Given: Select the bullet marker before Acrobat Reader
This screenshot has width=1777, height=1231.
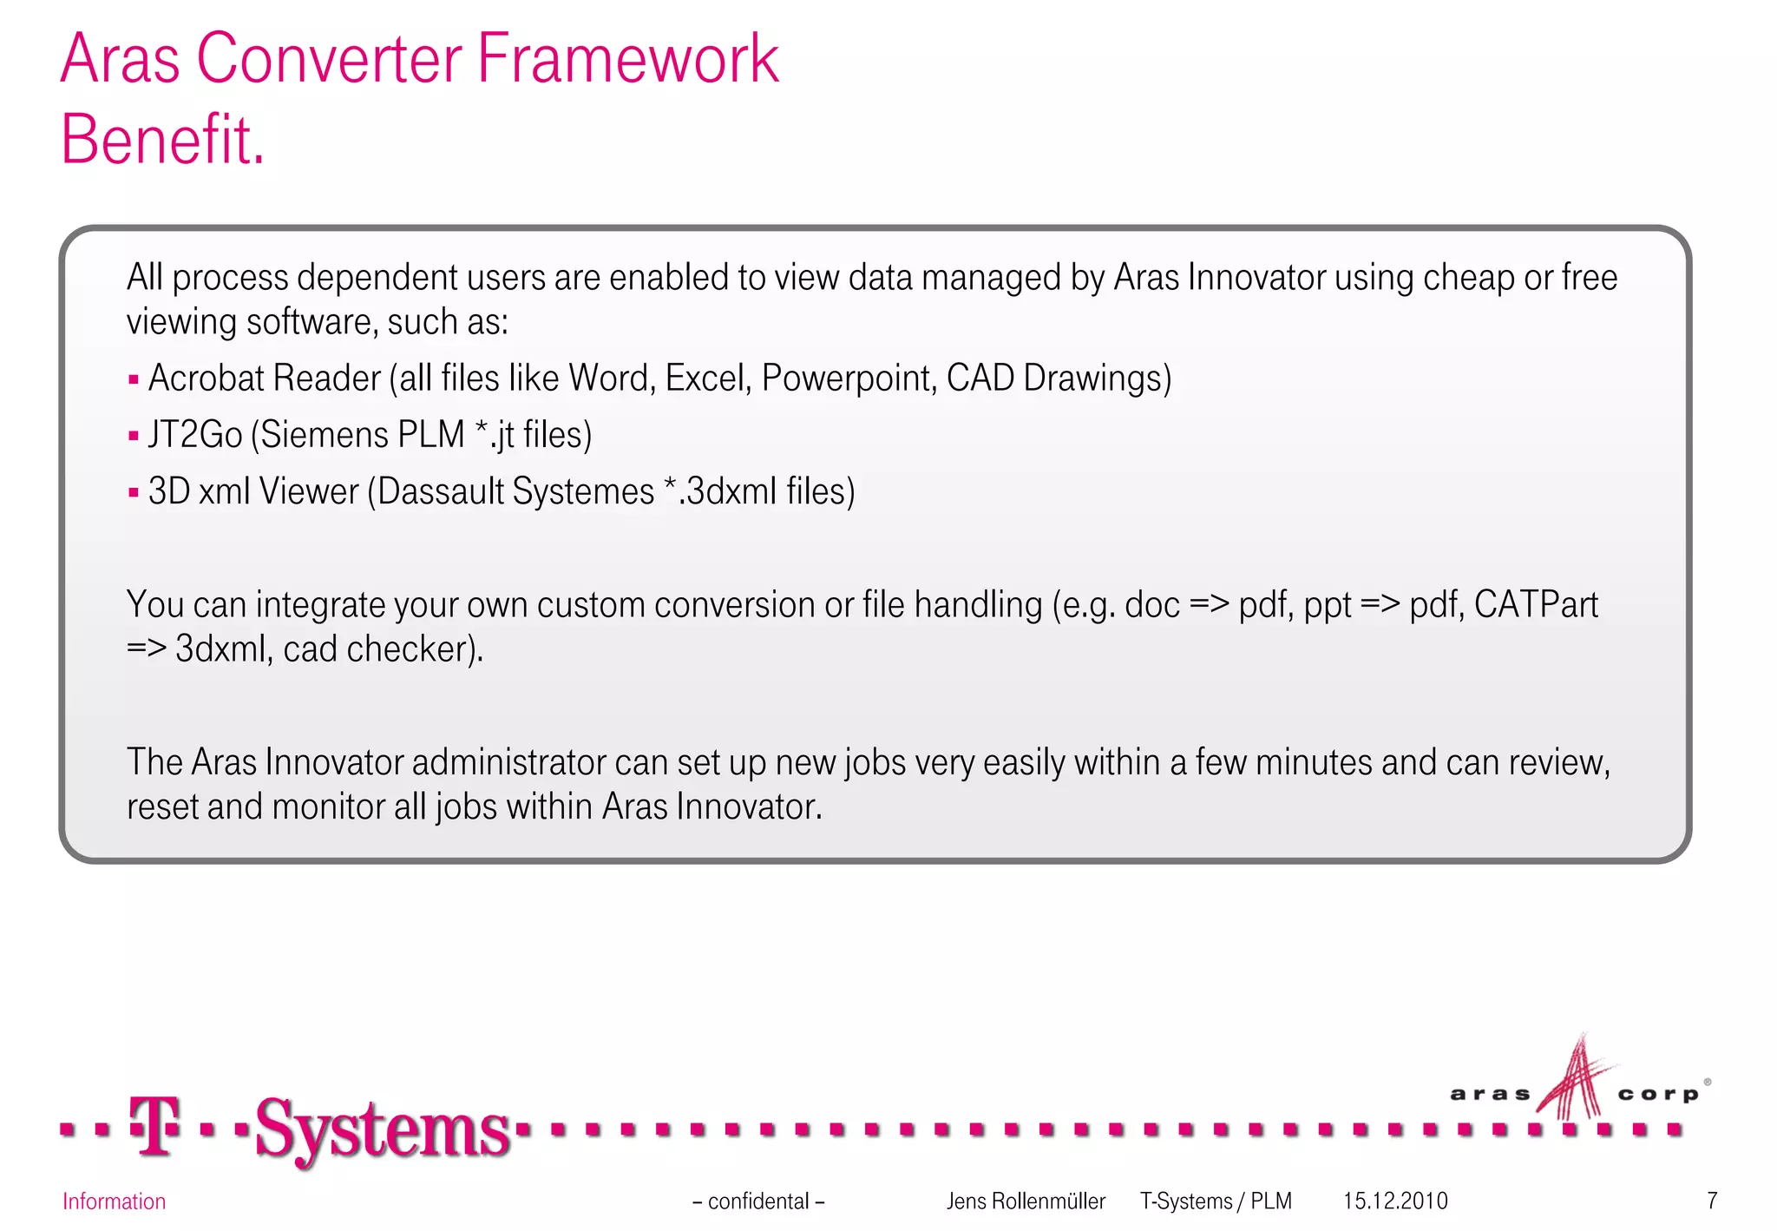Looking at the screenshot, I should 134,379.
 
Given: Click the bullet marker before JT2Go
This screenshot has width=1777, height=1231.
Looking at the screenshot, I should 134,436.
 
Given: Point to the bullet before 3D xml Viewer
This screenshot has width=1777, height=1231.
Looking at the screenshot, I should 134,492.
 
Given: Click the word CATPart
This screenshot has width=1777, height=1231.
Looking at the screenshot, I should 1535,605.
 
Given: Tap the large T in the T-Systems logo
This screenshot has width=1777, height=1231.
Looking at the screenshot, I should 154,1126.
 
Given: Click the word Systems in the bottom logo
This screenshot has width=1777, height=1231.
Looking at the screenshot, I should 382,1129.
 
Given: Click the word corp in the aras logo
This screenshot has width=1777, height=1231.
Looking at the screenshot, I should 1657,1095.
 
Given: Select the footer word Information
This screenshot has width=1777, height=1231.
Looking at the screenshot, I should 114,1201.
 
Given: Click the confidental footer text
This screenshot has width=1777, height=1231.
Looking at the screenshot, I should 758,1201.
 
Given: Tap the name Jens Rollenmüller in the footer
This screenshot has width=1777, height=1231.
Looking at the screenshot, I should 1026,1201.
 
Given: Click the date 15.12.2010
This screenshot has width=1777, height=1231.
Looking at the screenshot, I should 1395,1201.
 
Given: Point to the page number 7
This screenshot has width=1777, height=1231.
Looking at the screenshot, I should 1712,1201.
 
